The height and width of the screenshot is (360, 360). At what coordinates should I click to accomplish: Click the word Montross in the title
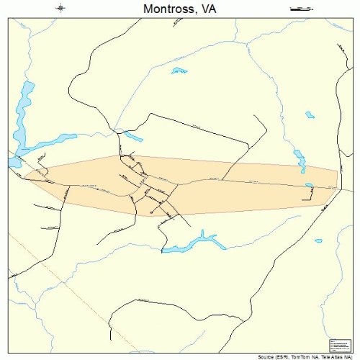162,9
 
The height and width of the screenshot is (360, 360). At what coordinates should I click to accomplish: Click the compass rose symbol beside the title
61,9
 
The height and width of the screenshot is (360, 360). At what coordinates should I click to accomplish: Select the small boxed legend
337,346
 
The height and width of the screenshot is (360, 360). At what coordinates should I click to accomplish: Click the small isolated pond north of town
179,71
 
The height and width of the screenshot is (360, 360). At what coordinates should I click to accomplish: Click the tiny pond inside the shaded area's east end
309,186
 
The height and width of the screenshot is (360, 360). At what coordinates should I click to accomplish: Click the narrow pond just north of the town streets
133,135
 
